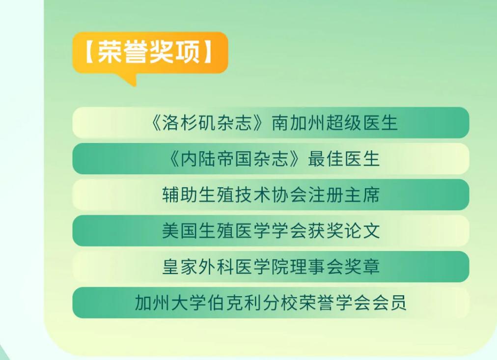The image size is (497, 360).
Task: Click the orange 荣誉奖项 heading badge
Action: [x=150, y=53]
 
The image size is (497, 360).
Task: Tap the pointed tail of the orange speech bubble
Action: [x=129, y=81]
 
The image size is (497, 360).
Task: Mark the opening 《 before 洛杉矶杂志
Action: [x=157, y=123]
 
